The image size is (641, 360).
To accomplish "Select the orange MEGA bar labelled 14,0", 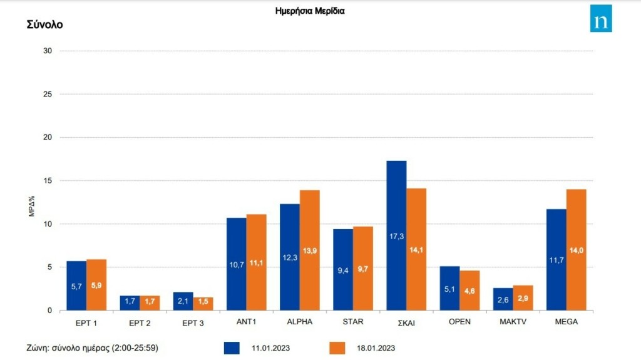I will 576,250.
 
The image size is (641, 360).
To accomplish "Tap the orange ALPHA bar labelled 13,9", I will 309,250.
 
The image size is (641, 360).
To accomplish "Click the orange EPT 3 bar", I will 203,304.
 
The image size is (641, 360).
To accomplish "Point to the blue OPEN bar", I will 449,289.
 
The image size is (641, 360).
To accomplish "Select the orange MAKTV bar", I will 523,298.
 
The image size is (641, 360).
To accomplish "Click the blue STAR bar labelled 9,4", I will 342,270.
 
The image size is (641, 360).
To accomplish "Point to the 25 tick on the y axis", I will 47,94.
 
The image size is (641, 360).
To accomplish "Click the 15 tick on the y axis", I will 47,180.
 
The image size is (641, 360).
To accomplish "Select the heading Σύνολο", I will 44,25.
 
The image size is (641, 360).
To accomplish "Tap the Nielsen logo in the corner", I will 601,19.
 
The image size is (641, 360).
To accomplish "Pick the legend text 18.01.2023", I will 376,347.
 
